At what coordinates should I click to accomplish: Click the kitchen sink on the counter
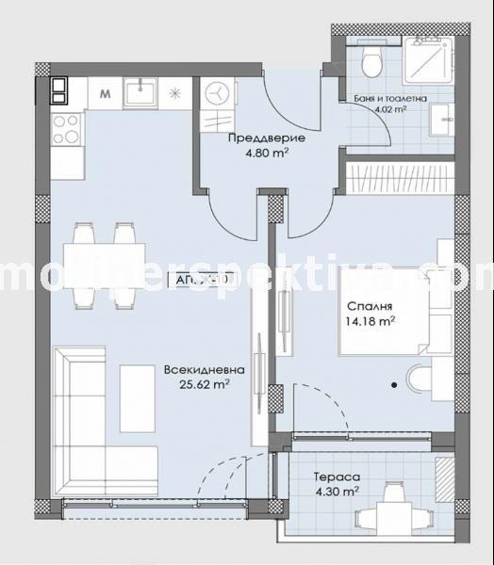(x=144, y=94)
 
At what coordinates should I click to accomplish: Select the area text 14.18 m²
(x=369, y=322)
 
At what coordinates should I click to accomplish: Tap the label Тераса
(x=336, y=476)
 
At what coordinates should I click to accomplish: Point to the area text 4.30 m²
(x=336, y=491)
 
